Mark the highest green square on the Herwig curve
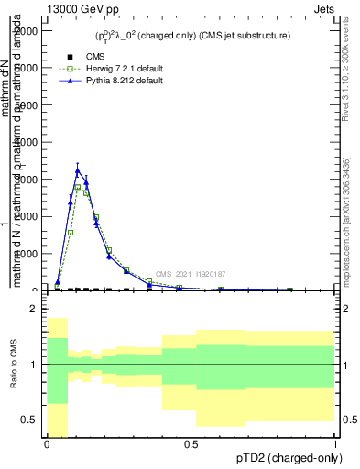(x=78, y=187)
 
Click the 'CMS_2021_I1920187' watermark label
(x=191, y=274)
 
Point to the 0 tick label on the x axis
(x=47, y=444)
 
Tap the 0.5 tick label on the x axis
(x=191, y=444)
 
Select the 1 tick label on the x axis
(x=335, y=444)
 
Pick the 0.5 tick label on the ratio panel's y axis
(x=30, y=420)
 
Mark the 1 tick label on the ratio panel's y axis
(x=35, y=365)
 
